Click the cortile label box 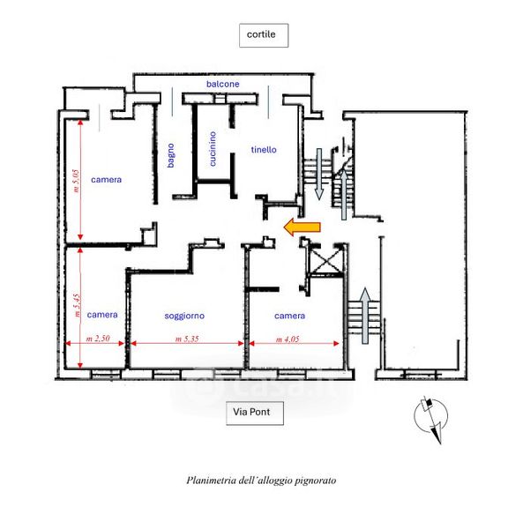point(264,35)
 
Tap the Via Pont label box point(255,413)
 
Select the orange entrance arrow point(302,227)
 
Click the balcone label point(223,84)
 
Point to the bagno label point(171,155)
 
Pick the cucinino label point(213,149)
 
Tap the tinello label point(264,150)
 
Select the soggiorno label point(184,316)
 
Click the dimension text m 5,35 point(187,339)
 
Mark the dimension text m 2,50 point(98,339)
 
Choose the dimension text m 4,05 point(288,339)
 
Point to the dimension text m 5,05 point(76,181)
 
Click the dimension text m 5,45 point(77,306)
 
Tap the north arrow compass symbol point(431,418)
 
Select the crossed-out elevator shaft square point(325,259)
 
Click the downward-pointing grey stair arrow point(319,174)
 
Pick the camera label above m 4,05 point(289,316)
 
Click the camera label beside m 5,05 point(107,180)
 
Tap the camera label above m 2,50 point(102,315)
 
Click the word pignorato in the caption point(316,481)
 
